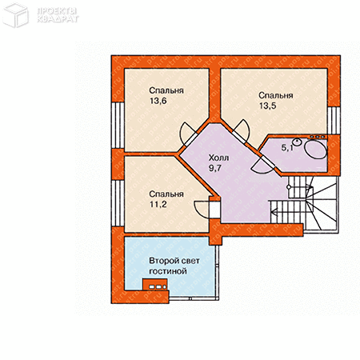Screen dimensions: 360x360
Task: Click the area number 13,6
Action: coord(158,101)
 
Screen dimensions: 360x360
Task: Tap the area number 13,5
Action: coord(268,106)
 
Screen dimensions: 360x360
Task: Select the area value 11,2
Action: coord(158,205)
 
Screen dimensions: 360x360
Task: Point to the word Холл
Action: coord(218,158)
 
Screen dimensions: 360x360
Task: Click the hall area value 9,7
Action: coord(215,168)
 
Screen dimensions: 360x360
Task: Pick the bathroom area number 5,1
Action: coord(287,147)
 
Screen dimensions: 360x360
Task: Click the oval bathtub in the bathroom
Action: coord(315,150)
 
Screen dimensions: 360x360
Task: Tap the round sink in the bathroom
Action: coord(297,142)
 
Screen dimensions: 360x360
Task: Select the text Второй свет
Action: coord(174,261)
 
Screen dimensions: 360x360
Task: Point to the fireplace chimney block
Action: coord(155,284)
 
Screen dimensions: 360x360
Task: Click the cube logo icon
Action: coord(15,15)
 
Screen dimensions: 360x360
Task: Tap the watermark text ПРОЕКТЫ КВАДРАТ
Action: coord(58,15)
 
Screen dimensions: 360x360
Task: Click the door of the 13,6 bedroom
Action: coord(187,134)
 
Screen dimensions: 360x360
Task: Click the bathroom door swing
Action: coord(262,165)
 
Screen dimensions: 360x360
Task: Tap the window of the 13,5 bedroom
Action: coord(334,121)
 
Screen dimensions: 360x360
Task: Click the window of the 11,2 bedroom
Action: coord(118,203)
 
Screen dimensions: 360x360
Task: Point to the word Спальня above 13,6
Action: coord(166,90)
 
